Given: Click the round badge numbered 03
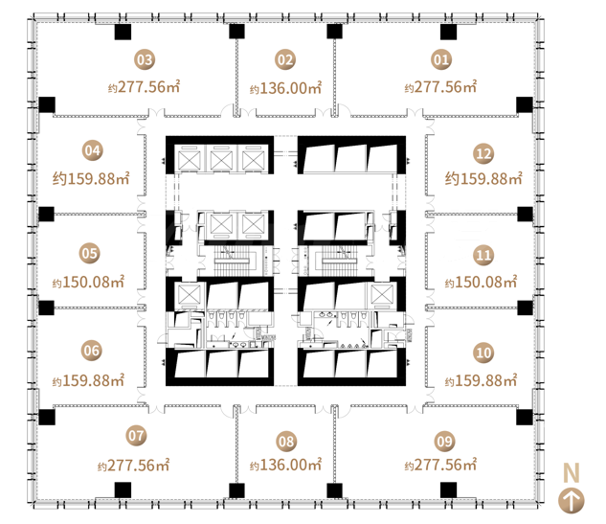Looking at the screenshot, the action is pyautogui.click(x=145, y=60).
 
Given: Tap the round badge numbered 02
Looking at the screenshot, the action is pyautogui.click(x=285, y=60).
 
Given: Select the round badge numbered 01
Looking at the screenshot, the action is pyautogui.click(x=441, y=60).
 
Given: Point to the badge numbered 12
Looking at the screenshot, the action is pyautogui.click(x=483, y=154).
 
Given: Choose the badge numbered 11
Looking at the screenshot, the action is pyautogui.click(x=483, y=255).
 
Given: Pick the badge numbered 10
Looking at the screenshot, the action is pyautogui.click(x=483, y=353).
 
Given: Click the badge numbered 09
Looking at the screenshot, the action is pyautogui.click(x=444, y=442).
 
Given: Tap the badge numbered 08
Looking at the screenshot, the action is pyautogui.click(x=286, y=442).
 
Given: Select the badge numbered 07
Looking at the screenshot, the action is pyautogui.click(x=136, y=436).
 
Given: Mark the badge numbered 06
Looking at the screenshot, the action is pyautogui.click(x=92, y=351).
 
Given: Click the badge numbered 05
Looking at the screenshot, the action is pyautogui.click(x=90, y=253).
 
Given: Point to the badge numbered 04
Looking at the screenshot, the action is pyautogui.click(x=93, y=150).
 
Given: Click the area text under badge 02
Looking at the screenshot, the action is pyautogui.click(x=285, y=88).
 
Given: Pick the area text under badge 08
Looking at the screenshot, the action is pyautogui.click(x=285, y=465).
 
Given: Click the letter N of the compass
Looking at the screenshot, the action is pyautogui.click(x=572, y=472).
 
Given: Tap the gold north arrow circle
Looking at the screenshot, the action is pyautogui.click(x=572, y=501).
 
